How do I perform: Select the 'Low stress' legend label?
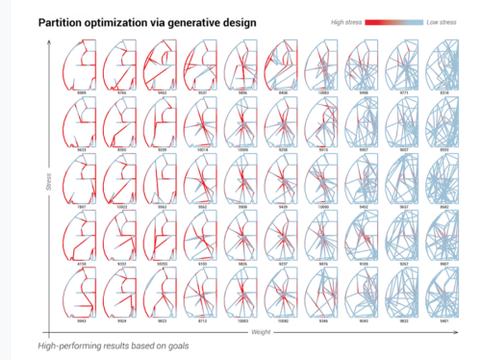(442, 18)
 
